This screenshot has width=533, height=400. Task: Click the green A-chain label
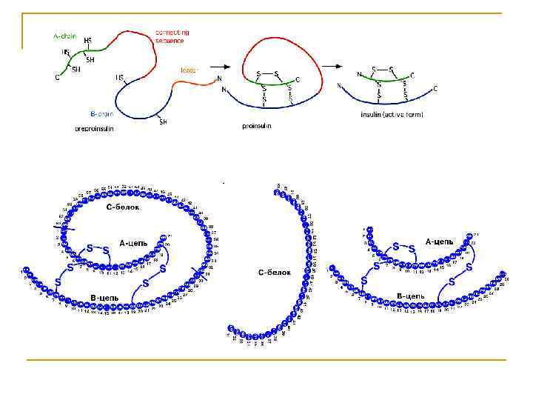coord(64,35)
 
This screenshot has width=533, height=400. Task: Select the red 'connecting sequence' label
coord(172,36)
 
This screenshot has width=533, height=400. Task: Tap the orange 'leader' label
coord(189,70)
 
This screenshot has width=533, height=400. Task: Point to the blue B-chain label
coord(101,114)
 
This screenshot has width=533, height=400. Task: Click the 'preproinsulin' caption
coord(94,128)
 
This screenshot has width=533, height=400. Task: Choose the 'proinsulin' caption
coord(257,126)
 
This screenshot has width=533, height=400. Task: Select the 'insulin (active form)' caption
coord(392,115)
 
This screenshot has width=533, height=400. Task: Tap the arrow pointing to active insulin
coord(336,65)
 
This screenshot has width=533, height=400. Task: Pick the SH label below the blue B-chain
coord(163,122)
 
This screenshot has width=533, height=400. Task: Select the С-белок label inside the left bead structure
coord(122,207)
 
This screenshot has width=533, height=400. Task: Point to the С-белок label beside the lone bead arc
coord(274,273)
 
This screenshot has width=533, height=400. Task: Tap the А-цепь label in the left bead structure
coord(134,242)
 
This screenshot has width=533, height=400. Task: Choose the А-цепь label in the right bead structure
coord(440,241)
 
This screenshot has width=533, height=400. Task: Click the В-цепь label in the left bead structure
coord(104,297)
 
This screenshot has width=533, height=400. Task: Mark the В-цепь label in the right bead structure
coord(410,296)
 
